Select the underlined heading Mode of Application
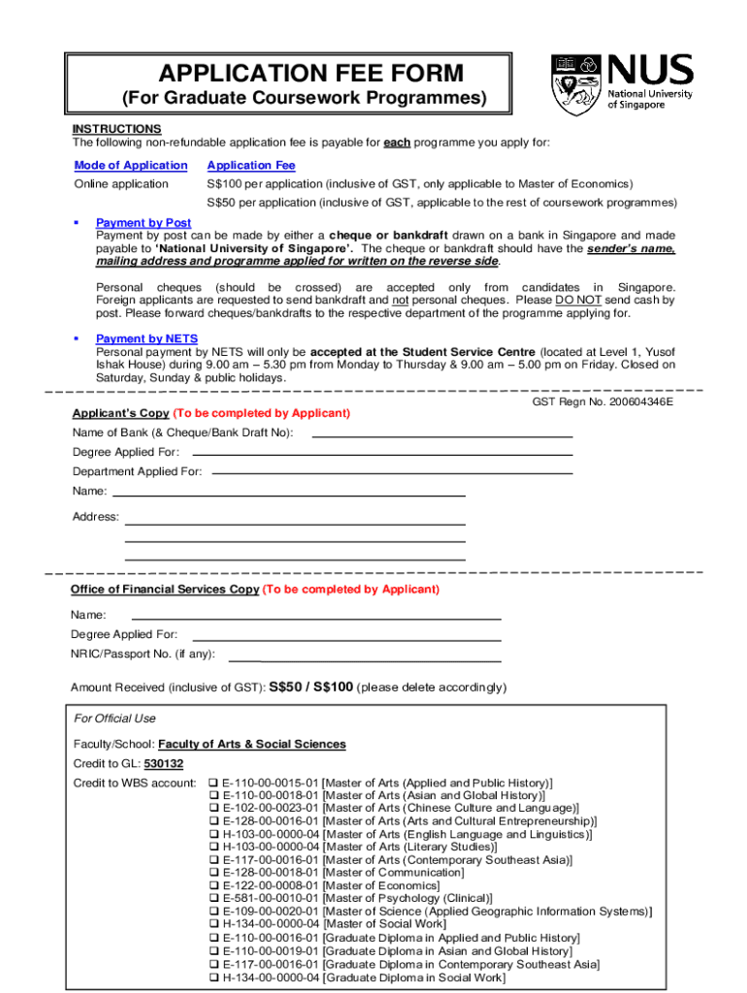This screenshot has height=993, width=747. [131, 166]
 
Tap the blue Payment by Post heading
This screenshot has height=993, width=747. [144, 223]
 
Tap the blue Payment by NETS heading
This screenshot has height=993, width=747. [146, 338]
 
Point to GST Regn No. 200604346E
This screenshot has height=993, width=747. [602, 401]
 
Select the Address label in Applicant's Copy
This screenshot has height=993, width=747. [96, 517]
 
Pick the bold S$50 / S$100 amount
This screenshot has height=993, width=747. [310, 688]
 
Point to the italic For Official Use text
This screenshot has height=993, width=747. [114, 719]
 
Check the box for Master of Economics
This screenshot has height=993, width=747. [214, 885]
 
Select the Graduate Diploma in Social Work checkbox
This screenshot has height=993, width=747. [214, 977]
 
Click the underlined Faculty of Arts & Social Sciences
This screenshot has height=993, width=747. [251, 744]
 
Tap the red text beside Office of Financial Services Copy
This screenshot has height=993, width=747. [351, 590]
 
